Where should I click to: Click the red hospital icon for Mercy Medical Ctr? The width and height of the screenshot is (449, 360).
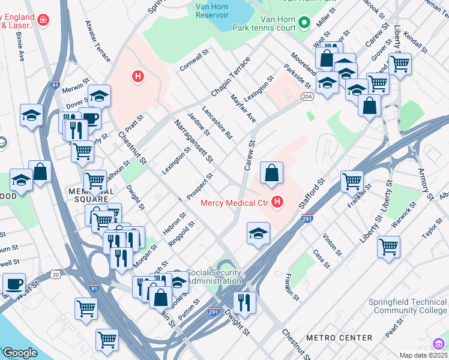pyautogui.click(x=277, y=202)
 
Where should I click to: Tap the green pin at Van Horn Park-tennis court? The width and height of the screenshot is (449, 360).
pyautogui.click(x=304, y=23)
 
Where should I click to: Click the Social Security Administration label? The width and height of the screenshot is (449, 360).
pyautogui.click(x=214, y=276)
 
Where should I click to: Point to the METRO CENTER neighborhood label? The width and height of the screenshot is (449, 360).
pyautogui.click(x=339, y=338)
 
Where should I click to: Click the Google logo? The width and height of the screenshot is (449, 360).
pyautogui.click(x=20, y=353)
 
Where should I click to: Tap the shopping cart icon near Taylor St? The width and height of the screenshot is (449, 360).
pyautogui.click(x=388, y=246)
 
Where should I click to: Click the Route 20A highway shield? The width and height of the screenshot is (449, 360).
pyautogui.click(x=307, y=96)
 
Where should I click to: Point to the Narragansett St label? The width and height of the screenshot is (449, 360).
pyautogui.click(x=193, y=141)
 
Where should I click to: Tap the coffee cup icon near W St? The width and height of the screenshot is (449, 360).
pyautogui.click(x=13, y=284)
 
